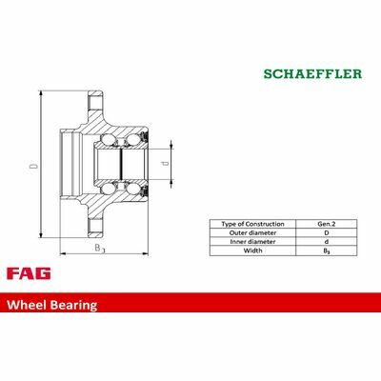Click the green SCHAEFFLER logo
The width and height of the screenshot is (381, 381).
(x=312, y=74)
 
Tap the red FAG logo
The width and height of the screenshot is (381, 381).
(x=29, y=273)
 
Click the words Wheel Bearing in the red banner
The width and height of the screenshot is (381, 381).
(x=52, y=305)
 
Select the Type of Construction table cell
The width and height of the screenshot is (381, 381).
(x=252, y=224)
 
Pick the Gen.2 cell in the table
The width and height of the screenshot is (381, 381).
(x=327, y=224)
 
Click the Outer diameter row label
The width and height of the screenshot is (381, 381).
(x=252, y=232)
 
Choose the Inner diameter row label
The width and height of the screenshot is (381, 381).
(x=252, y=242)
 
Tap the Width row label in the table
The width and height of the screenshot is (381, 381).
(x=252, y=251)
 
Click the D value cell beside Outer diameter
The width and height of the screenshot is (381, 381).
(x=327, y=232)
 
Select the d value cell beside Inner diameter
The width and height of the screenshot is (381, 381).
(x=327, y=242)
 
